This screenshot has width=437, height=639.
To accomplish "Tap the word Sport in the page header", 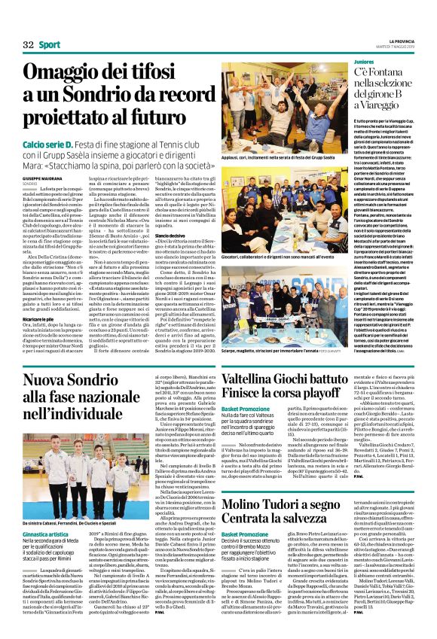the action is tap(50, 45).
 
